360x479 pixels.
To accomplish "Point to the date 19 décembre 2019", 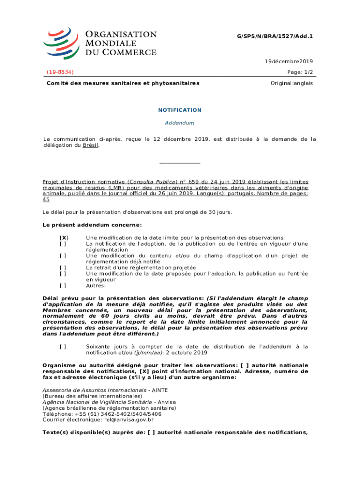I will point(289,61).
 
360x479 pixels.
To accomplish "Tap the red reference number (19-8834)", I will point(60,72).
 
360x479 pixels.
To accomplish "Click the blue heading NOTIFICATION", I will point(180,110).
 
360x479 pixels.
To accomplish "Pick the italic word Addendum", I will point(180,123).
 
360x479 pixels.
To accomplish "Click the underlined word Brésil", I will point(91,145).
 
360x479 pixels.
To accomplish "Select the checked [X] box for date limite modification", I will point(63,238).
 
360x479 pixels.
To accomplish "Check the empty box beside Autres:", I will point(63,285).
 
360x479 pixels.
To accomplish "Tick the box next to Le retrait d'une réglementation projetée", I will point(63,268).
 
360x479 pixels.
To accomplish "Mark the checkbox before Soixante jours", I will point(63,347).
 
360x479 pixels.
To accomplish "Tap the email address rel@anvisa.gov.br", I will point(121,420).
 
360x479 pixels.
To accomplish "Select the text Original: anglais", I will point(292,83).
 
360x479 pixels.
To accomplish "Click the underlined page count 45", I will point(46,199).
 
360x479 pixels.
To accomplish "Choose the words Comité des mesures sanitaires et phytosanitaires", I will point(122,83).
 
